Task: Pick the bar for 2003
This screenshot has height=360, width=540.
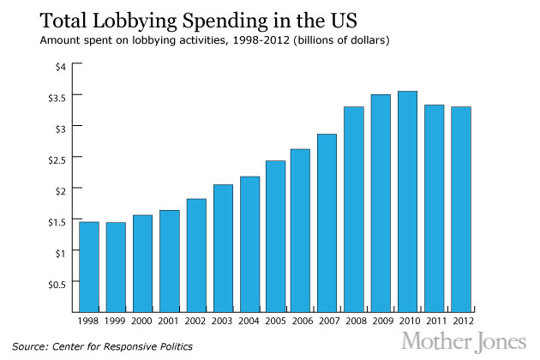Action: click(223, 248)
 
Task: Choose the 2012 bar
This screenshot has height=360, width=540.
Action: click(461, 209)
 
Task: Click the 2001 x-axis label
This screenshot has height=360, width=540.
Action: click(170, 322)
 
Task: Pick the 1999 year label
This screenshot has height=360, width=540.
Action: click(116, 322)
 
